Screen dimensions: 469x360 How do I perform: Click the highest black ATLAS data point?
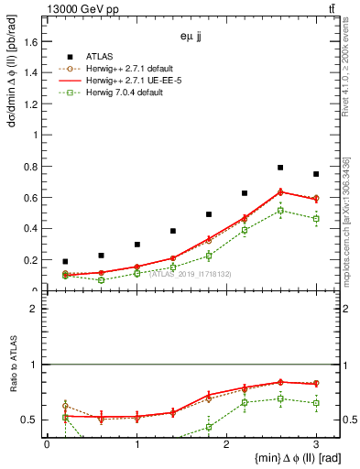point(280,168)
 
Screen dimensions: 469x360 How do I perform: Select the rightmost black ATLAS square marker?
point(316,174)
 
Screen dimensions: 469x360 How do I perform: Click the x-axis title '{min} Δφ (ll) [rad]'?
point(286,458)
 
